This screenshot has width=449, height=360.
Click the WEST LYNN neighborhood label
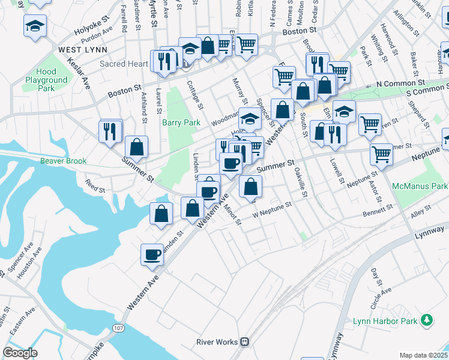[x=83, y=49]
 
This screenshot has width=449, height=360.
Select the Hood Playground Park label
[x=46, y=80]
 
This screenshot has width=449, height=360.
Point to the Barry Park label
[x=181, y=122]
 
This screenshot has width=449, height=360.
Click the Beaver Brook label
[x=64, y=161]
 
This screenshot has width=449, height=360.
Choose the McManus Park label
[x=421, y=187]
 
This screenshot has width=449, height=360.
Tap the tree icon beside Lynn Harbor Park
[x=427, y=320]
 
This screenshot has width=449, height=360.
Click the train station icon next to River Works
[x=245, y=342]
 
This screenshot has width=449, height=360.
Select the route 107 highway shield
[x=118, y=328]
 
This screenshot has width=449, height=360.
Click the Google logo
[x=20, y=353]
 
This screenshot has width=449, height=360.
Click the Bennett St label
[x=378, y=210]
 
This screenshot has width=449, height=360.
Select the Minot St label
[x=232, y=214]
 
